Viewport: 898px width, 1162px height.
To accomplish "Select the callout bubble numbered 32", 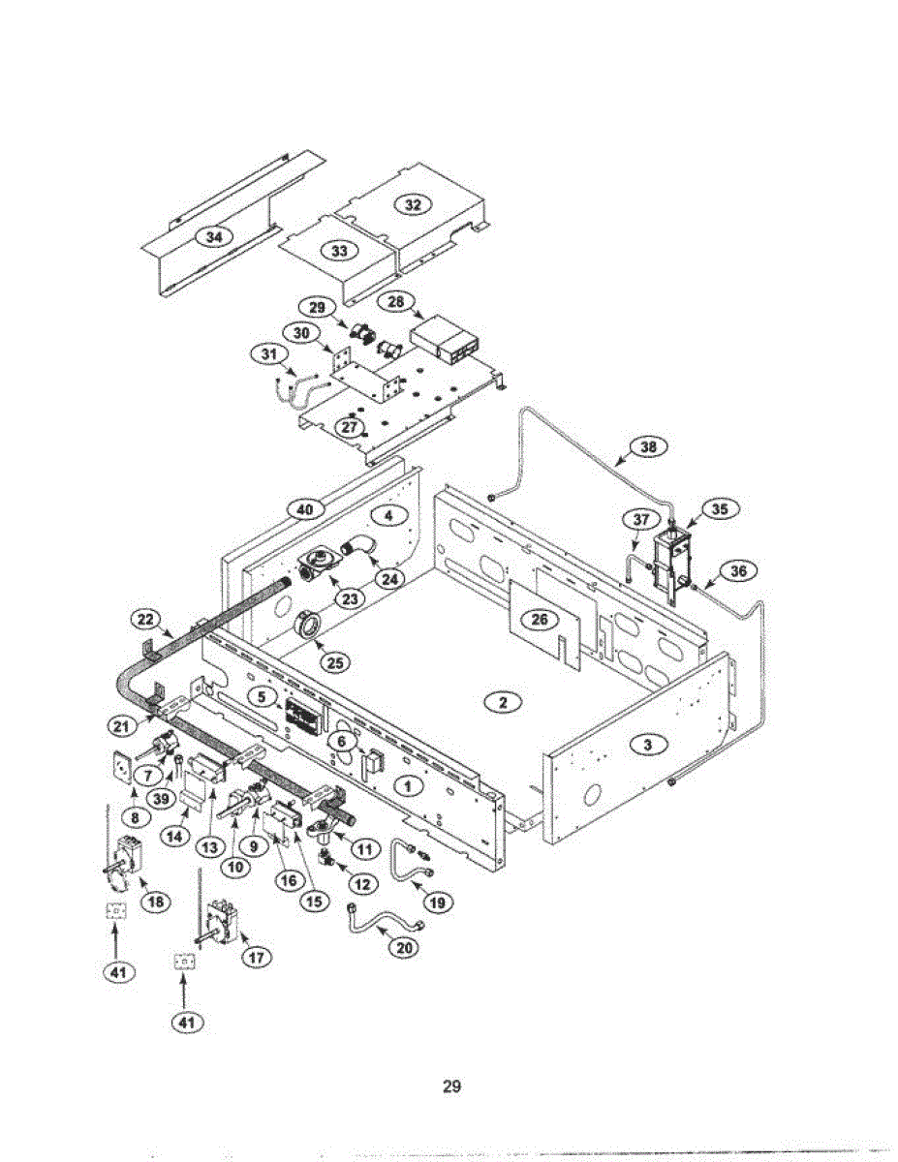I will pos(414,203).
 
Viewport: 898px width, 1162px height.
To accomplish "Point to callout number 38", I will pos(648,446).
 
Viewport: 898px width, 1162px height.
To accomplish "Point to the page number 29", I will pos(450,1086).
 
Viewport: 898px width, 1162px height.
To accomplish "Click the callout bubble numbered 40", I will pos(306,507).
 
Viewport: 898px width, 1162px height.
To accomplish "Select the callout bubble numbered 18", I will pos(154,901).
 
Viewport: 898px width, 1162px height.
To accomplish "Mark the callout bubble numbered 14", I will pos(175,838).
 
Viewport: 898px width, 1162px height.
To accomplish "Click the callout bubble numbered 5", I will pos(261,695).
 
